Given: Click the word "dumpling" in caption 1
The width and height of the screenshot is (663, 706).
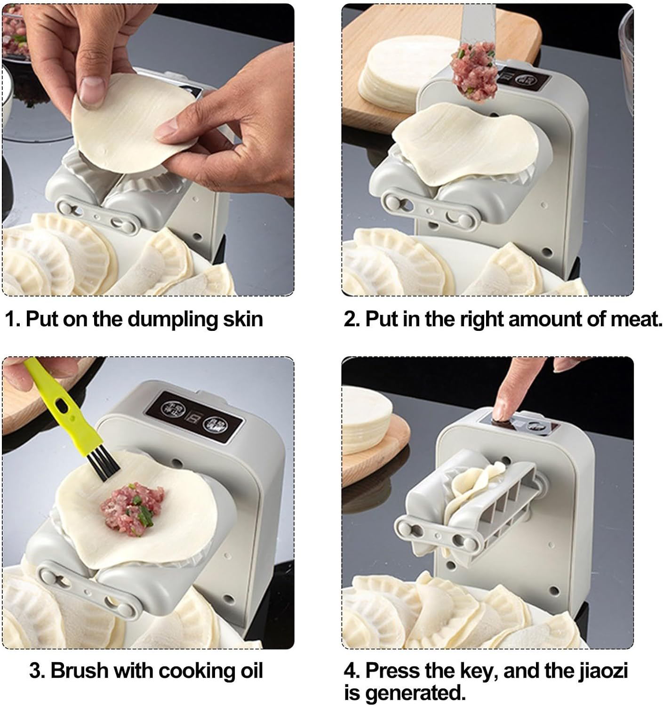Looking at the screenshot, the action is coord(173,320).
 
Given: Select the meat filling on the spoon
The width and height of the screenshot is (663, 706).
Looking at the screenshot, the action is coord(474,71).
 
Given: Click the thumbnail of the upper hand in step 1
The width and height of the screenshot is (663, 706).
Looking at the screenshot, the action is coord(91,89).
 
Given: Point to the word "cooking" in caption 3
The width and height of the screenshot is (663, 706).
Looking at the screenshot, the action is coord(194,671).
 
